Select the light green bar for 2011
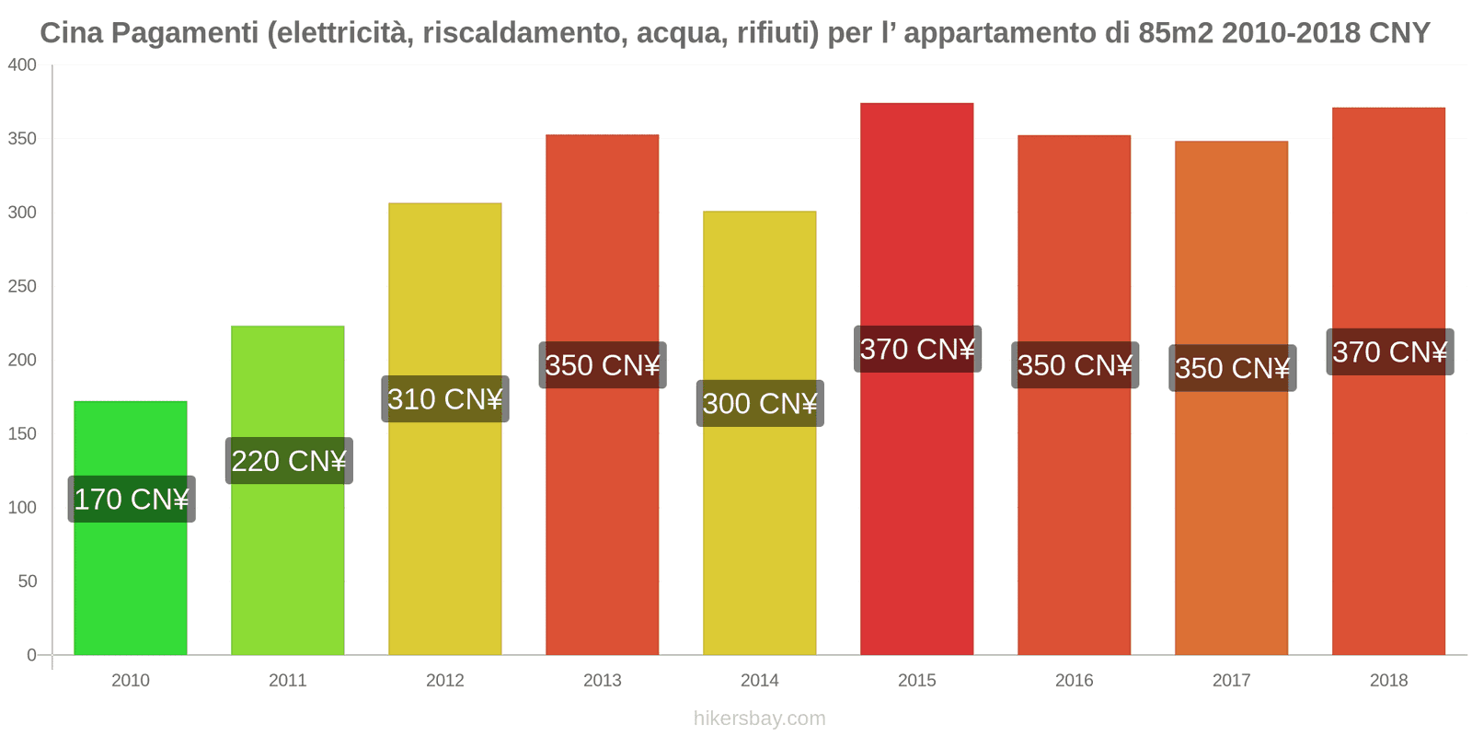pyautogui.click(x=288, y=552)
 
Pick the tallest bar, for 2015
pyautogui.click(x=917, y=506)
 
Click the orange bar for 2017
pyautogui.click(x=1232, y=515)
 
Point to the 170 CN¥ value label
pyautogui.click(x=132, y=500)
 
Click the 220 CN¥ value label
pyautogui.click(x=289, y=461)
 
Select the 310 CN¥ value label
pyautogui.click(x=445, y=399)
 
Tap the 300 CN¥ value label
pyautogui.click(x=760, y=404)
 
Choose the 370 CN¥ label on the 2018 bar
pyautogui.click(x=1390, y=352)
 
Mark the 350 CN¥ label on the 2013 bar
pyautogui.click(x=603, y=365)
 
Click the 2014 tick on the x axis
pyautogui.click(x=760, y=681)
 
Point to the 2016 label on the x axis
pyautogui.click(x=1075, y=681)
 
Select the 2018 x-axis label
pyautogui.click(x=1389, y=681)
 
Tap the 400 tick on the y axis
pyautogui.click(x=22, y=65)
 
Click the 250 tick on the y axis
pyautogui.click(x=22, y=286)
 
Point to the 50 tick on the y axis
pyautogui.click(x=27, y=581)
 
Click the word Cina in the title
pyautogui.click(x=72, y=33)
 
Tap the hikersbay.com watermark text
pyautogui.click(x=760, y=719)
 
